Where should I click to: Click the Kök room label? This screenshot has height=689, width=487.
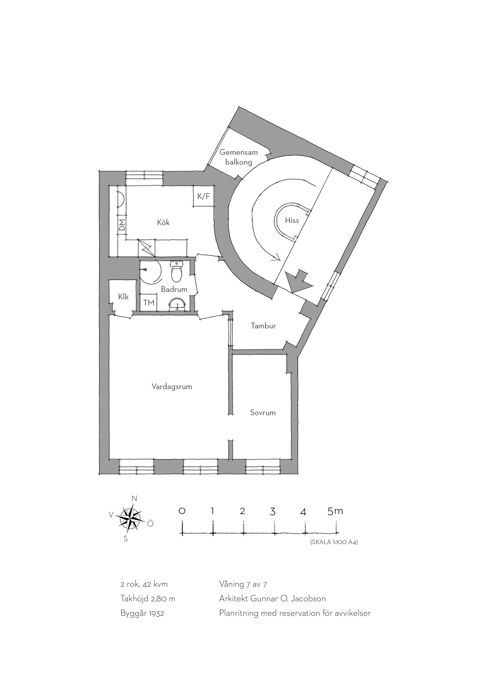163,222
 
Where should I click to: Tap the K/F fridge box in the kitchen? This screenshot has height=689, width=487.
204,197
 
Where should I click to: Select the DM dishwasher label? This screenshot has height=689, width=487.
122,225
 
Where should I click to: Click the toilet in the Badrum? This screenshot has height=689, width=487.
176,272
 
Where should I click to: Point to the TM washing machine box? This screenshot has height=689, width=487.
149,303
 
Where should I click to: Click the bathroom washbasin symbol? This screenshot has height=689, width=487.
178,304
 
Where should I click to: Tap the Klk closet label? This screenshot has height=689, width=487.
123,296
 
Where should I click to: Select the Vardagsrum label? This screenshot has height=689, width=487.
172,386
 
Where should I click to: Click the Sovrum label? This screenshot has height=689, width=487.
263,413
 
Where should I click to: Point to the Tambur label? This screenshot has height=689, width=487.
263,326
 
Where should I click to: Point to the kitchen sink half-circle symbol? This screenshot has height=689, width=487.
121,198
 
